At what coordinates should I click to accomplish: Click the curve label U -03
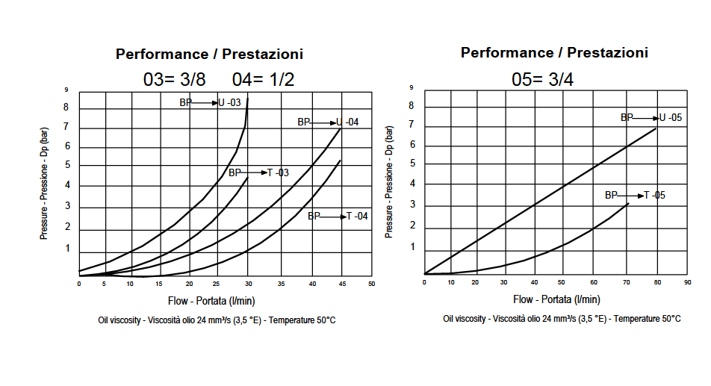(229, 102)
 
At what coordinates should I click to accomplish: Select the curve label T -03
(279, 172)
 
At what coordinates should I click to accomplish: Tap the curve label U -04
(347, 122)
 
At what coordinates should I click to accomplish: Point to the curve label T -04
(357, 216)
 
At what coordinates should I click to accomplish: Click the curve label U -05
(671, 117)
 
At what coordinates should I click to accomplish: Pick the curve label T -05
(654, 195)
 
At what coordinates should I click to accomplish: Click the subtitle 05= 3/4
(542, 79)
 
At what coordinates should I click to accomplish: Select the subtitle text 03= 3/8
(174, 79)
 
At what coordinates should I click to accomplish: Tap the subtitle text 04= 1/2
(263, 79)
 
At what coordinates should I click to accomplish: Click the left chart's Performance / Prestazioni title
(209, 54)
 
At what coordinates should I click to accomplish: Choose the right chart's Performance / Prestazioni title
(554, 52)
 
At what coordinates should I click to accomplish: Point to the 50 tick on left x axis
(371, 284)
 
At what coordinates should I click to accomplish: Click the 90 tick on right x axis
(688, 282)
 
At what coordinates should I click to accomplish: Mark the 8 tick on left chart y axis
(66, 108)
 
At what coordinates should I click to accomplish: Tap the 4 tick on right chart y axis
(411, 184)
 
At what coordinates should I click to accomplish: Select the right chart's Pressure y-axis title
(389, 182)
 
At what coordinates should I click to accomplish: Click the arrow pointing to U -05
(646, 117)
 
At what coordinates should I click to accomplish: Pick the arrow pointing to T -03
(254, 172)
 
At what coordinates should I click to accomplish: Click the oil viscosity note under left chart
(217, 320)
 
